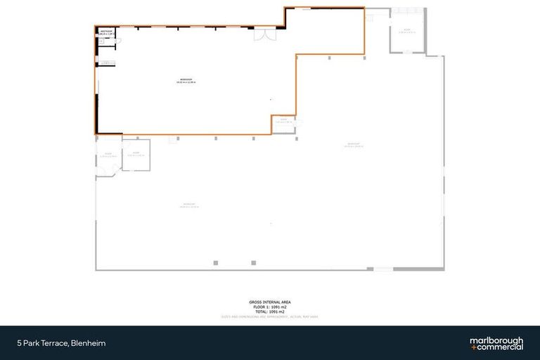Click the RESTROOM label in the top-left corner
tap(107, 32)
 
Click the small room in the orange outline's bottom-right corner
tap(283, 122)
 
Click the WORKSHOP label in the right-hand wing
tap(354, 146)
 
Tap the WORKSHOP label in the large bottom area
tap(189, 205)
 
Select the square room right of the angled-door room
tap(135, 155)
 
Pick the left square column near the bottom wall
tap(216, 263)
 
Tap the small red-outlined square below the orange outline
tap(172, 139)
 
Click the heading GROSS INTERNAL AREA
tap(270, 302)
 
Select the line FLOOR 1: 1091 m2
tap(270, 307)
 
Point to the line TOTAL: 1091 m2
tap(270, 312)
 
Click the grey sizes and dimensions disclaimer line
tap(270, 317)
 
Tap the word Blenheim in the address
tap(94, 343)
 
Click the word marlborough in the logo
tap(496, 340)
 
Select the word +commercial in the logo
tap(496, 347)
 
